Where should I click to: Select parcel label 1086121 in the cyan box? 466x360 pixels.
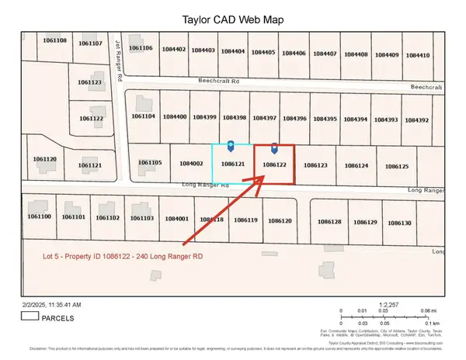click(233, 164)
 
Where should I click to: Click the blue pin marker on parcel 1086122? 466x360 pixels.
click(274, 147)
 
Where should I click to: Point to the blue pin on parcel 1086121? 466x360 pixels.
click(231, 146)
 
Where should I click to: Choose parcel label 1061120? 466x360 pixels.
click(45, 159)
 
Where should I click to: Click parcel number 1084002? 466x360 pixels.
click(190, 164)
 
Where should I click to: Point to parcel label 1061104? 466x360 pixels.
click(144, 116)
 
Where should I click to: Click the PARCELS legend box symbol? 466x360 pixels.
click(30, 316)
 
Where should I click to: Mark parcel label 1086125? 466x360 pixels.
click(397, 167)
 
